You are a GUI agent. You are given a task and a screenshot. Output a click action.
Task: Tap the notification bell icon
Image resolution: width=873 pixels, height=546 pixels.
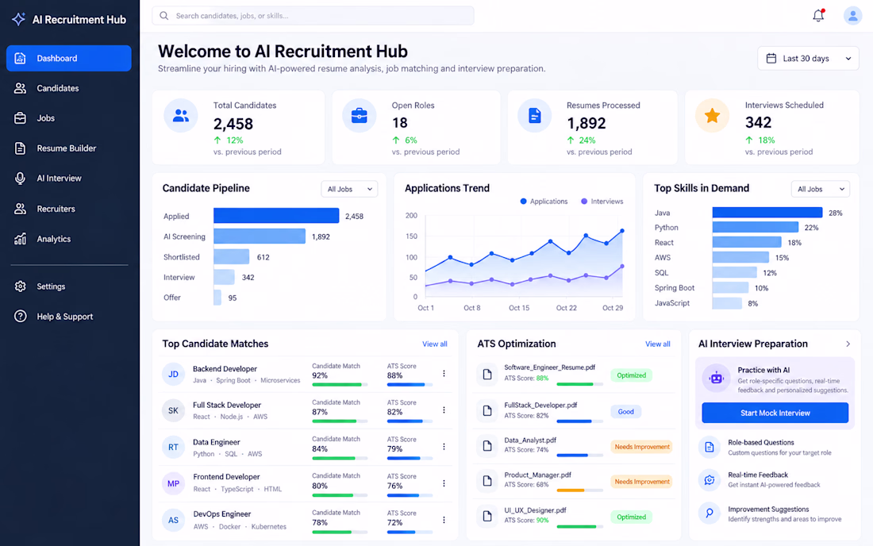(818, 16)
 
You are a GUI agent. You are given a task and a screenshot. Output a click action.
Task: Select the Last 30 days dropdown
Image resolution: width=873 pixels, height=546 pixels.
(808, 59)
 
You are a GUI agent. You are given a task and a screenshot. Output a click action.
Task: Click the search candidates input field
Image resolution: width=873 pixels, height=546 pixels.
(313, 16)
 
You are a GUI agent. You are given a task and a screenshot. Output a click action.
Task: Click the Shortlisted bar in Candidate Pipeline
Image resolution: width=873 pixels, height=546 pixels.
(232, 256)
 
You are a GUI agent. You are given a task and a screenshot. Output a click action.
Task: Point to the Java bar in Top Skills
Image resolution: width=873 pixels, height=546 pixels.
(767, 213)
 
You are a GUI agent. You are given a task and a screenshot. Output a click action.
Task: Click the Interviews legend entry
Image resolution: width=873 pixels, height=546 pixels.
(602, 202)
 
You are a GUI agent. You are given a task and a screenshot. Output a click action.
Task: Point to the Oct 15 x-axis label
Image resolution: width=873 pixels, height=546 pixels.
(519, 308)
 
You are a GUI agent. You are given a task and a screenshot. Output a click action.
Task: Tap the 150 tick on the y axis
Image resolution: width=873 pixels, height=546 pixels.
(411, 236)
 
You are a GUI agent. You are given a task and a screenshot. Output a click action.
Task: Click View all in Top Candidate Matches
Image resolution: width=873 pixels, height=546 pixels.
(434, 344)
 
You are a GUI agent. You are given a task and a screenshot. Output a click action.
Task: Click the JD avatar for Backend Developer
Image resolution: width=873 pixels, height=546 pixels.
(173, 374)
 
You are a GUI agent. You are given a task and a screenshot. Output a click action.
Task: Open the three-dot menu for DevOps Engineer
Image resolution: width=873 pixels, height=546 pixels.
(444, 520)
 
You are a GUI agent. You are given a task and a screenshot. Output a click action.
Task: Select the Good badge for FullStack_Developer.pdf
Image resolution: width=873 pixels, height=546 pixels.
(626, 412)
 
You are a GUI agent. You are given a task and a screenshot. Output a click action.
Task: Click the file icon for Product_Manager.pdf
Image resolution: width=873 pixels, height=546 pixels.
(487, 481)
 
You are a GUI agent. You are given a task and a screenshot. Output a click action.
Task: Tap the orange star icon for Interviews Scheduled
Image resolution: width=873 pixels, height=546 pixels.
(712, 115)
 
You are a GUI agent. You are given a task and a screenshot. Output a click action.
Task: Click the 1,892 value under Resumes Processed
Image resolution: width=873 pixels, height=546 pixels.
(586, 123)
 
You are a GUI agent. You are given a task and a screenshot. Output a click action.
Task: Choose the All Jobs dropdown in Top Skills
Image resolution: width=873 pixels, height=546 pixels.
(820, 189)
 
